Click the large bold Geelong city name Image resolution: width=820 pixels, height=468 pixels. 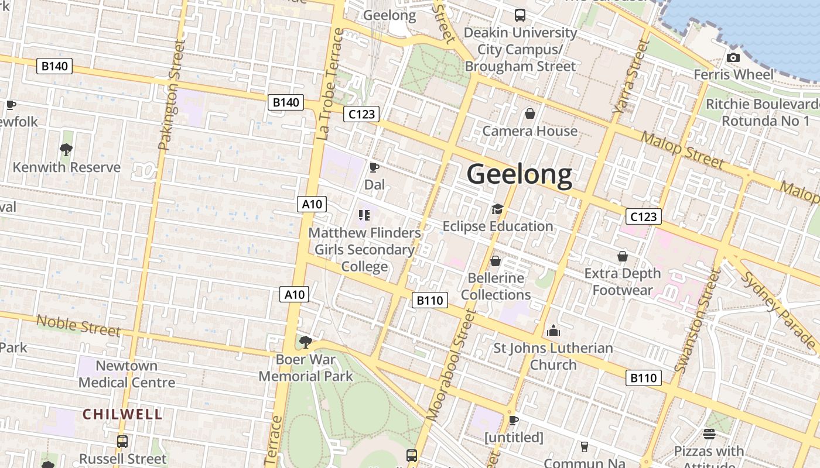[520, 175]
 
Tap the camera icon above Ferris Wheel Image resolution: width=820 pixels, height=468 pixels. [733, 57]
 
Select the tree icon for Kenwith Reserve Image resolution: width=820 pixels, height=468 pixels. [66, 150]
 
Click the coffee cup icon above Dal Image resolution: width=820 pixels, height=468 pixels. [374, 168]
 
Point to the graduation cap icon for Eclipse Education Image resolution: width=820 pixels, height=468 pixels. [497, 209]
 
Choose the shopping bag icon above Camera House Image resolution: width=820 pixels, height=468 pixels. [530, 113]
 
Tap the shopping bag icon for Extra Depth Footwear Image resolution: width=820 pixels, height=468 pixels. [622, 256]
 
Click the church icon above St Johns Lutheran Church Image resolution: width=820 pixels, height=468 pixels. [553, 331]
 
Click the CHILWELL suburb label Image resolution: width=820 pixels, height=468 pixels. [122, 414]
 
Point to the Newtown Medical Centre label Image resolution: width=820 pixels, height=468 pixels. [127, 374]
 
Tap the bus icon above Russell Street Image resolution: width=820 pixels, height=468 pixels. [122, 442]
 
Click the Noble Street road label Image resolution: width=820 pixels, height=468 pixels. [78, 325]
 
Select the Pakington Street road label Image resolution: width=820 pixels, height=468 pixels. [171, 95]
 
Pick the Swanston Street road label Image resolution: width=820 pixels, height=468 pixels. [696, 321]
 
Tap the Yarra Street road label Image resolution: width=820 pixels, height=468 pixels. [631, 77]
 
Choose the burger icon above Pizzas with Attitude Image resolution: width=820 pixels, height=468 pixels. [709, 434]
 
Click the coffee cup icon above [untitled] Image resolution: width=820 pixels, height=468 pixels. [514, 420]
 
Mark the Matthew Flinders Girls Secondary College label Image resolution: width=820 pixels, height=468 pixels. [364, 250]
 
